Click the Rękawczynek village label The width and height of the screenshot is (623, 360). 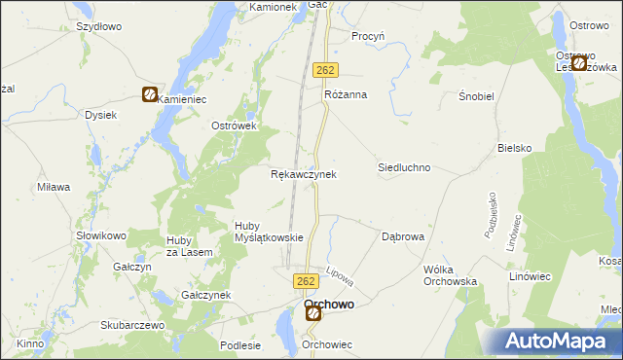tap(303, 174)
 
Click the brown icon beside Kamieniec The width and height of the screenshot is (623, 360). tap(150, 95)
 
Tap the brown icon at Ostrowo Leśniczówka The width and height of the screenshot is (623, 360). tap(579, 63)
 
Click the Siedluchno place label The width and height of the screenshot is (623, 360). tap(404, 167)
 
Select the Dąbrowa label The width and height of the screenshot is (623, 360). tap(402, 236)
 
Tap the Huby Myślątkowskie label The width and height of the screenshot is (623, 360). tap(271, 232)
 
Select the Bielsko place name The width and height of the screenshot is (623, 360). tap(514, 148)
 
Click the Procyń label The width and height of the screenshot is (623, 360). tap(369, 36)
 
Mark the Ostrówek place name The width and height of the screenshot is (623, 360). tap(234, 126)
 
